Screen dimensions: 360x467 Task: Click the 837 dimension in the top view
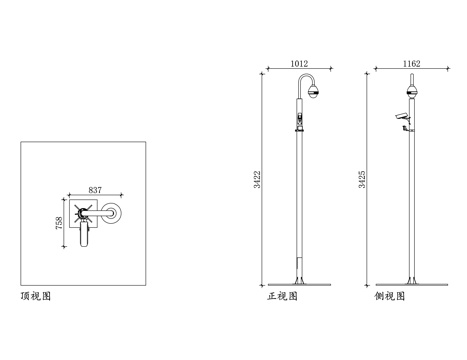tap(95, 188)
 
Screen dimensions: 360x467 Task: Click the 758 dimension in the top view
tap(60, 221)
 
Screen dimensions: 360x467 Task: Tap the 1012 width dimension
tap(298, 64)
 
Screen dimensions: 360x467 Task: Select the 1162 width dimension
tap(411, 64)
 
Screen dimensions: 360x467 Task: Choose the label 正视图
tap(282, 297)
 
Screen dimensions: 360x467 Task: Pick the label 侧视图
tap(390, 297)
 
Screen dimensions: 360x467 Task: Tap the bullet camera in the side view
tap(402, 118)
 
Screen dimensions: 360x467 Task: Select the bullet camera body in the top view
tap(88, 236)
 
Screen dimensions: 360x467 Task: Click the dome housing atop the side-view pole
tap(410, 93)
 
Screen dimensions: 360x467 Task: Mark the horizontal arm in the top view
tap(101, 212)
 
